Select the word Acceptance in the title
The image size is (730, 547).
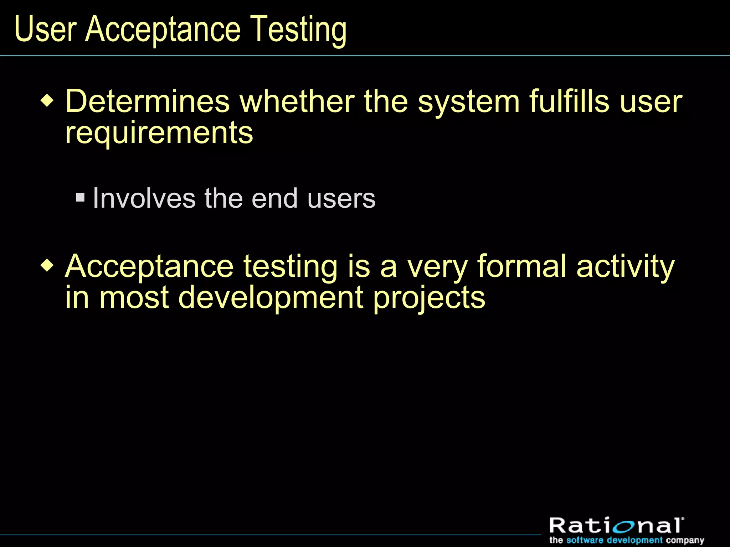tap(163, 30)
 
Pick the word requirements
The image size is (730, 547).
tap(159, 133)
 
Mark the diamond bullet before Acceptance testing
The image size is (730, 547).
tap(47, 266)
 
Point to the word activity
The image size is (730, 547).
tap(626, 267)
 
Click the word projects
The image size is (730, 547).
tap(429, 298)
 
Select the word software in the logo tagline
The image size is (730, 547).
tap(585, 540)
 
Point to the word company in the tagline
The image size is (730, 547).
tap(685, 541)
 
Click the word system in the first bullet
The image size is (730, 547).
tap(469, 102)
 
